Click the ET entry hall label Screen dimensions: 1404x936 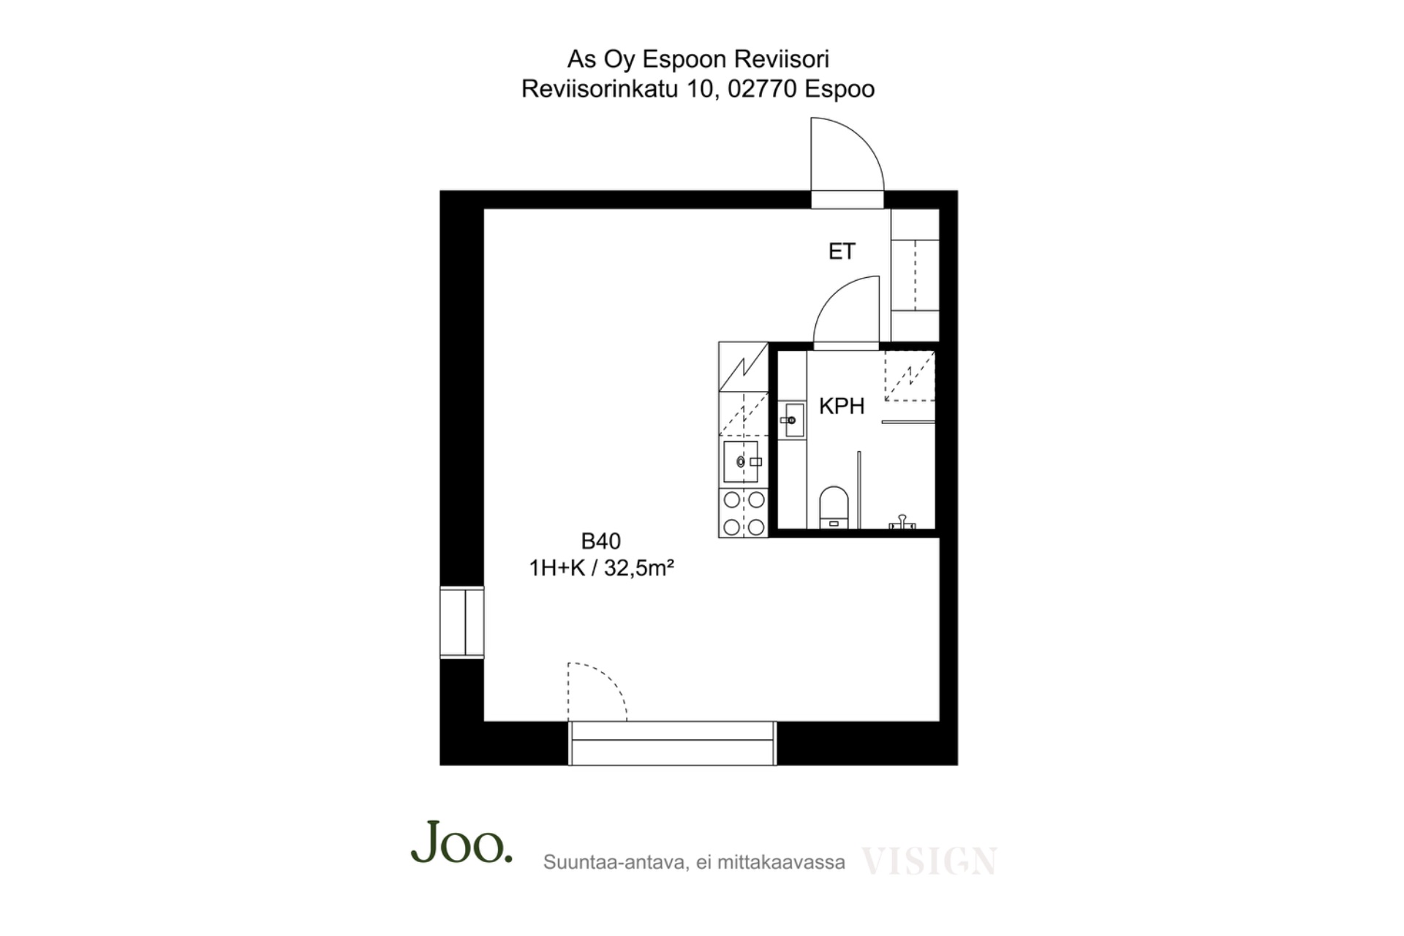coord(841,252)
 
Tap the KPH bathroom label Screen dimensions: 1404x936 coord(842,406)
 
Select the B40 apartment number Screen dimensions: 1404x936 coord(600,541)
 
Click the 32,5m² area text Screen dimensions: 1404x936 coord(638,567)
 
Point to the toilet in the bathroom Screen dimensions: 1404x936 coord(834,507)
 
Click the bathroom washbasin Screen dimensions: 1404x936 coord(793,420)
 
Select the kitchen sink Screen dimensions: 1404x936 coord(741,461)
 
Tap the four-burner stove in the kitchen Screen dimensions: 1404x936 coord(744,513)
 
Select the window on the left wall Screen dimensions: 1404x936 coord(461,622)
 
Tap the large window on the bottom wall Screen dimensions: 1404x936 coord(672,743)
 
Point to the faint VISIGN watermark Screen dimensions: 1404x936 coord(929,861)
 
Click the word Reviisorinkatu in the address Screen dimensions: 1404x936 coord(600,89)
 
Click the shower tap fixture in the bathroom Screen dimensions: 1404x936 coord(902,522)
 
